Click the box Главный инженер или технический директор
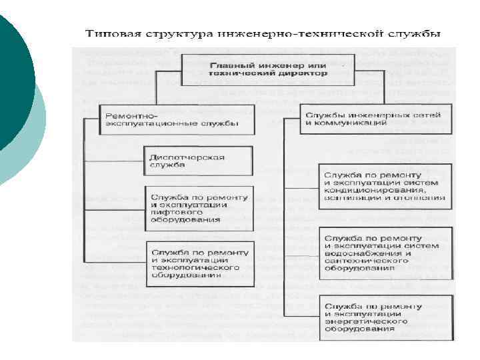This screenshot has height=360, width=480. pyautogui.click(x=268, y=70)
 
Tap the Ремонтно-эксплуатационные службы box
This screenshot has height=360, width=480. pyautogui.click(x=177, y=119)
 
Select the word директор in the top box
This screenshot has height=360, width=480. pyautogui.click(x=303, y=74)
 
